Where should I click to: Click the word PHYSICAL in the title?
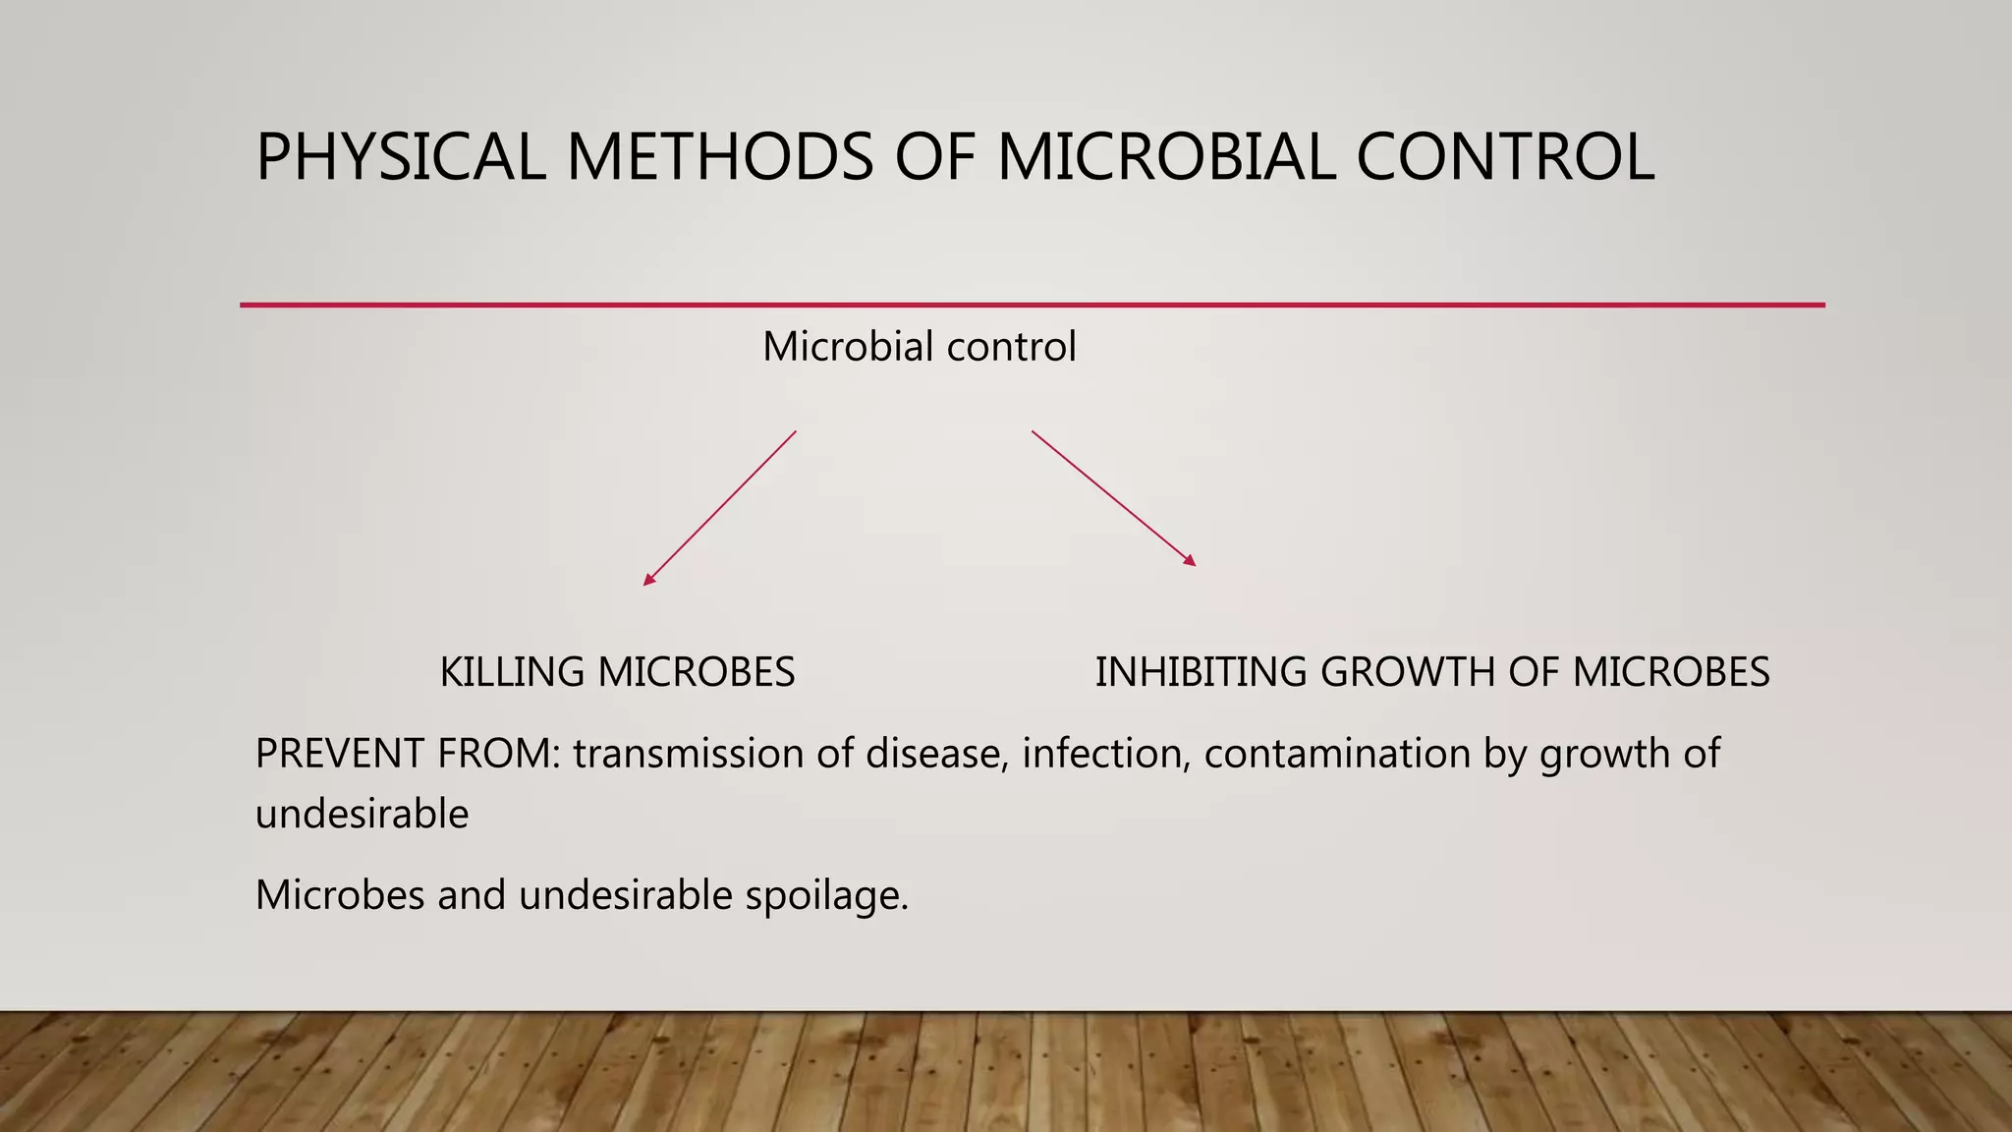pos(400,157)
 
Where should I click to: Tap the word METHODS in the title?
pos(719,157)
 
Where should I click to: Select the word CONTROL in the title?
pos(1505,157)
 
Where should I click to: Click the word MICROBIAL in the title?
pos(1166,157)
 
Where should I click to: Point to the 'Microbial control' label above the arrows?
pos(920,347)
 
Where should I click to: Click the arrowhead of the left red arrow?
pos(648,581)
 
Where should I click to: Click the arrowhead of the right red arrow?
pos(1190,561)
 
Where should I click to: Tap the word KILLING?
pos(512,673)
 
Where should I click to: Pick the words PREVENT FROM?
pos(407,754)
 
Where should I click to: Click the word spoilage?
pos(826,896)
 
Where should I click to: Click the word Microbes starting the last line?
pos(339,896)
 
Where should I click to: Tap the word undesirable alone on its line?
pos(362,815)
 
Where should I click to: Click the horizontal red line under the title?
pos(1032,305)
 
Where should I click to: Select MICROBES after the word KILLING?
pos(696,673)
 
